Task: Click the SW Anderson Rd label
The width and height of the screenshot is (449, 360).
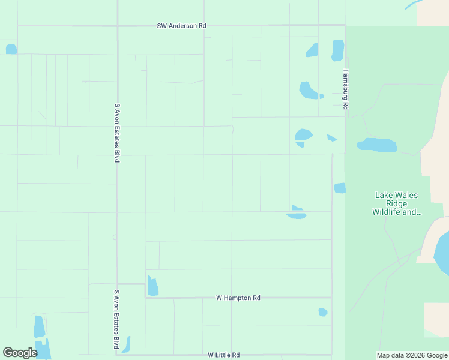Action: click(181, 26)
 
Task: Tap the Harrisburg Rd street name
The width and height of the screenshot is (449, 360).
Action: click(345, 89)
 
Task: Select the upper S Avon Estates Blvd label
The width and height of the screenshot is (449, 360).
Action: click(117, 133)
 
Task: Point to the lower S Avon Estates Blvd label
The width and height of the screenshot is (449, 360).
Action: click(116, 320)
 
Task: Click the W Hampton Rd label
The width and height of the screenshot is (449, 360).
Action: click(238, 298)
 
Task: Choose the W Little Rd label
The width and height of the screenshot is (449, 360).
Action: click(224, 355)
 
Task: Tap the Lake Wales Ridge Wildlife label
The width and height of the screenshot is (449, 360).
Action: click(396, 203)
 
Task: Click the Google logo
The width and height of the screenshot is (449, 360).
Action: click(20, 353)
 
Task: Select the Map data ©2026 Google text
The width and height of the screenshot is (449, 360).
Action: click(412, 355)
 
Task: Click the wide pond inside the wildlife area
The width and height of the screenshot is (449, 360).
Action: click(378, 145)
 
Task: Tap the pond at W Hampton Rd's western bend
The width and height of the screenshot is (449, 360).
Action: click(152, 286)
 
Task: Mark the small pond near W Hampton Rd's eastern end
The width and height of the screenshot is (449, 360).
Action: click(322, 312)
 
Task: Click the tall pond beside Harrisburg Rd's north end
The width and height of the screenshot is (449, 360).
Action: click(338, 50)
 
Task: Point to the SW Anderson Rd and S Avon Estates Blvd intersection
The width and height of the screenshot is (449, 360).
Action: click(117, 26)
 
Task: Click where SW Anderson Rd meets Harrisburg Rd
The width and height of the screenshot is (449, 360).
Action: click(345, 26)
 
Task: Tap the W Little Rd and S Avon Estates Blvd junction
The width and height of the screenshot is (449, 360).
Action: click(117, 355)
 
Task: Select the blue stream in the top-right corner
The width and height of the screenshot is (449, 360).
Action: click(414, 4)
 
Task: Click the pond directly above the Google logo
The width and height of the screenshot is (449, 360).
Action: click(39, 327)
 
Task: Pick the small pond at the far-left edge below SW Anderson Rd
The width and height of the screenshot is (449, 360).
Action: click(11, 49)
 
